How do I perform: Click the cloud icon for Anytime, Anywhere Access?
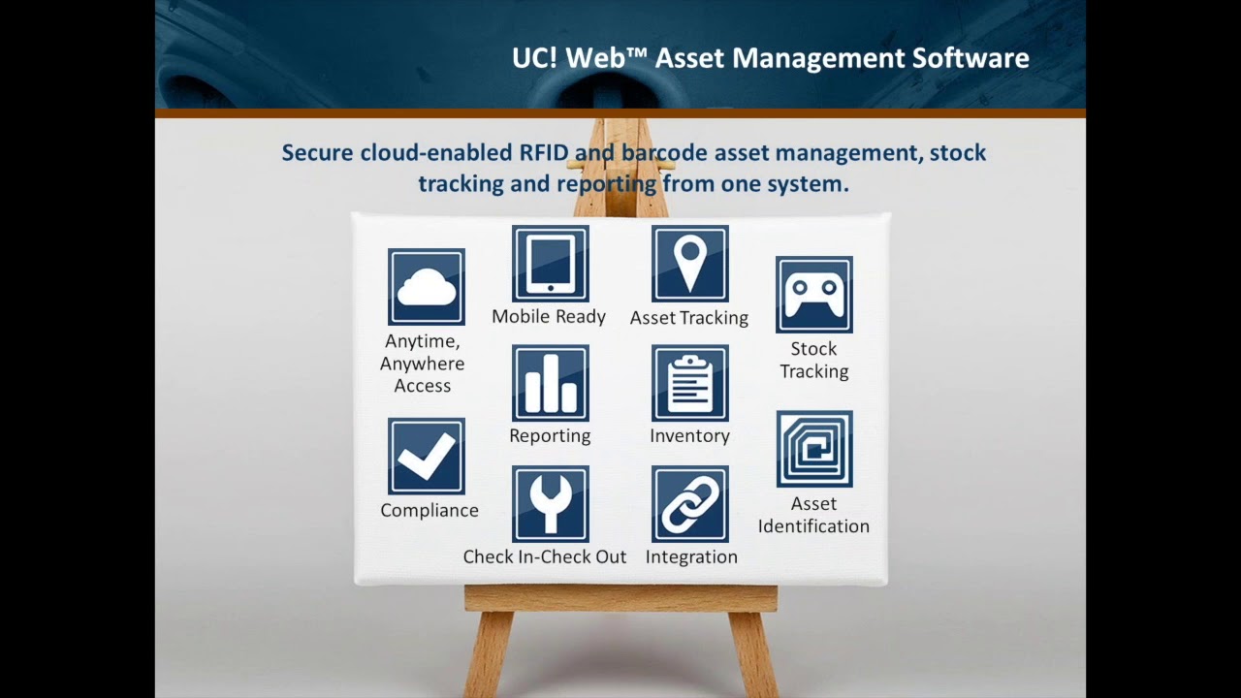[427, 287]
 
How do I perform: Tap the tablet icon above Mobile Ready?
[551, 264]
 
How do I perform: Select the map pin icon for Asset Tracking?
[690, 264]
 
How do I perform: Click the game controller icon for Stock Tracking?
[814, 295]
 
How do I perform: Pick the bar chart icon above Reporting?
[551, 384]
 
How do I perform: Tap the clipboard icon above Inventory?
[690, 384]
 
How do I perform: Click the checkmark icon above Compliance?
[427, 457]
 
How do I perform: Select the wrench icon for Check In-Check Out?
[551, 504]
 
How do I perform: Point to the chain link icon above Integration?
[690, 504]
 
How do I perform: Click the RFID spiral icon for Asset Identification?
[814, 449]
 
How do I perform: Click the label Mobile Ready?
[549, 317]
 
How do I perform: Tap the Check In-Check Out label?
[545, 557]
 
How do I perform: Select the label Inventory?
[690, 436]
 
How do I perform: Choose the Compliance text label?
[430, 511]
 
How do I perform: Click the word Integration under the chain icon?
[691, 557]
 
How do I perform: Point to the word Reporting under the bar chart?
[550, 436]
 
